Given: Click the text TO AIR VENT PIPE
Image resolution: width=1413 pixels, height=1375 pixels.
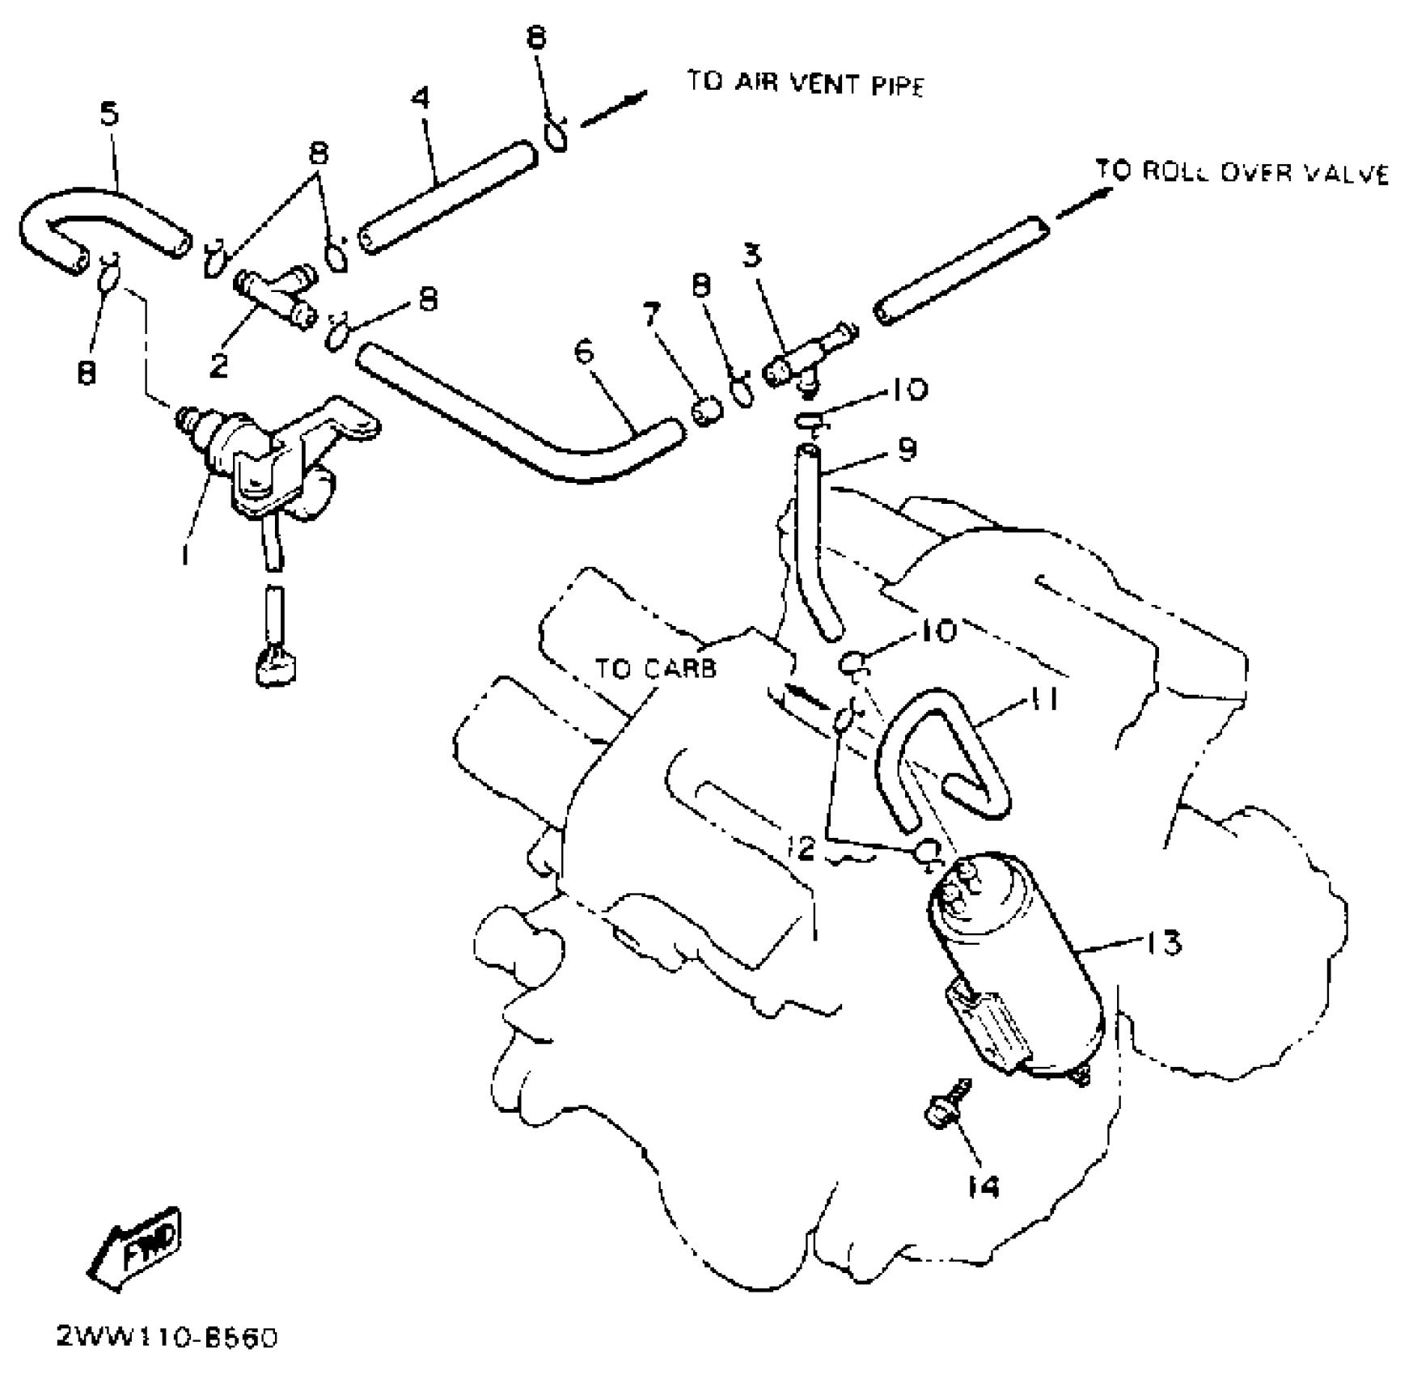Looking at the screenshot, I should (805, 83).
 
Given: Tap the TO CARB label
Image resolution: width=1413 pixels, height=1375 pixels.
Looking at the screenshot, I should (655, 669).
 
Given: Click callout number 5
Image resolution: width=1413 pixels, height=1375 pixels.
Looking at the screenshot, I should (109, 113).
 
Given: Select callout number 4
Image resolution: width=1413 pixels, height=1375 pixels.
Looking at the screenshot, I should (421, 99).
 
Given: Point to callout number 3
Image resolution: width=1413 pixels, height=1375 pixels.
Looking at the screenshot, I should (751, 256).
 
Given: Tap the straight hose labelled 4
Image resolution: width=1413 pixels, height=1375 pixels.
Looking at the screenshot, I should (447, 197).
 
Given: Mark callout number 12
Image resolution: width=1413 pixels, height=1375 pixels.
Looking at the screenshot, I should (802, 848).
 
